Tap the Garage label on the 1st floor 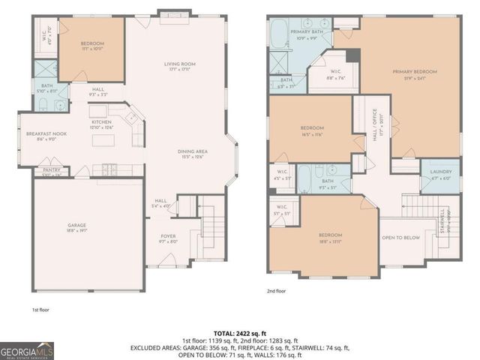76,226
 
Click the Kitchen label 101,124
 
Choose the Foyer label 167,238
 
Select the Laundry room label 440,175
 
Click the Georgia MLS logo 26,349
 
